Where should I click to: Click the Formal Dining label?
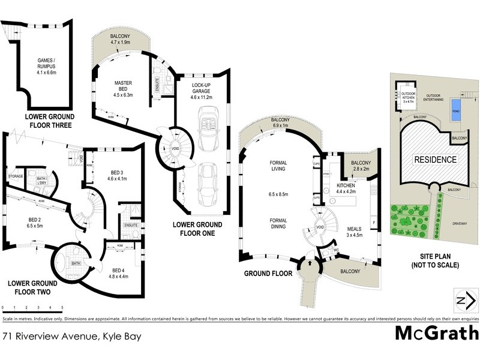(280, 223)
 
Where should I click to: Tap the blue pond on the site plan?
(455, 112)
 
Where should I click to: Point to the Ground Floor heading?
(267, 273)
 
